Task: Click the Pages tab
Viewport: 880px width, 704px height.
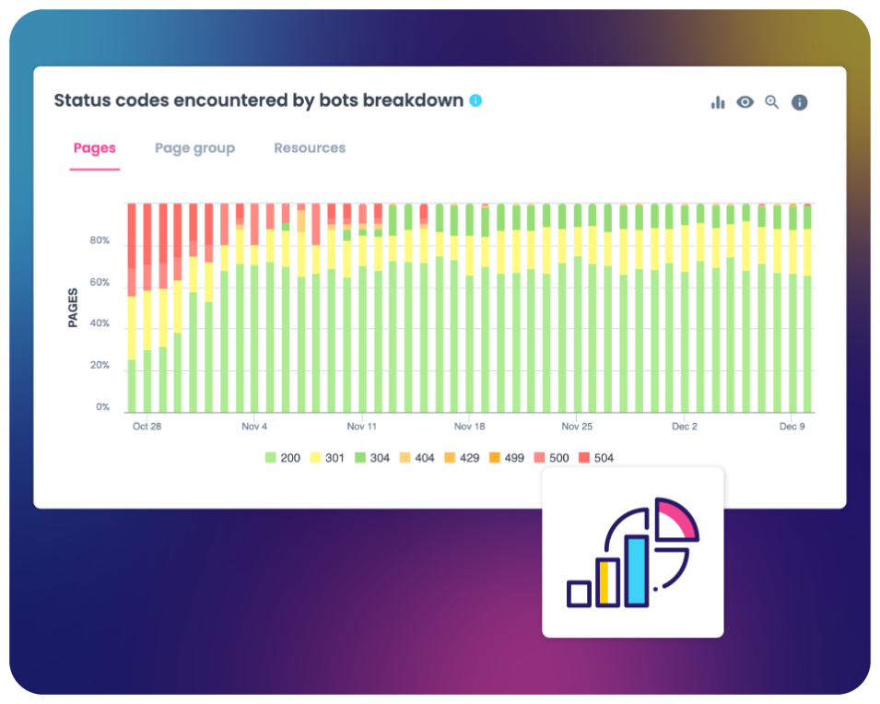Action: coord(95,148)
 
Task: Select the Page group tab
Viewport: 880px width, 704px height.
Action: coord(194,148)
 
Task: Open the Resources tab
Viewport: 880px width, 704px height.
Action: coord(310,148)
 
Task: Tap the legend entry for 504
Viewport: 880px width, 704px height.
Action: coord(596,458)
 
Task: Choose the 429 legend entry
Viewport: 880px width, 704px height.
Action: coord(461,458)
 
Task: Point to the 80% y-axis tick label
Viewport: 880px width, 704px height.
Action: coord(99,241)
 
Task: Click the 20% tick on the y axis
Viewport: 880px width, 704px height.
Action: coord(99,366)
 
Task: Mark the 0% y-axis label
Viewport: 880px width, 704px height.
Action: coord(101,407)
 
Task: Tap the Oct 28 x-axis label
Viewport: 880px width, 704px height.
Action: coord(147,428)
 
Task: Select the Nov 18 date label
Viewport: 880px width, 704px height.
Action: coord(469,428)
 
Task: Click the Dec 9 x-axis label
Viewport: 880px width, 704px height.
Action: coord(792,428)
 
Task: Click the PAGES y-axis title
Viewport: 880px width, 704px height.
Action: coord(73,308)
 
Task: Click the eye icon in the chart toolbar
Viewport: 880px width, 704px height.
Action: coord(745,102)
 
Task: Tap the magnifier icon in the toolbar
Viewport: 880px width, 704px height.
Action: coord(772,102)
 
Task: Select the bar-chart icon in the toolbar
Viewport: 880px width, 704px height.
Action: coord(718,102)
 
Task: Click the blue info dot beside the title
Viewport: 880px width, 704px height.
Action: coord(475,100)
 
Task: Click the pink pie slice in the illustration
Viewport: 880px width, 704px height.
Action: coord(680,518)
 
